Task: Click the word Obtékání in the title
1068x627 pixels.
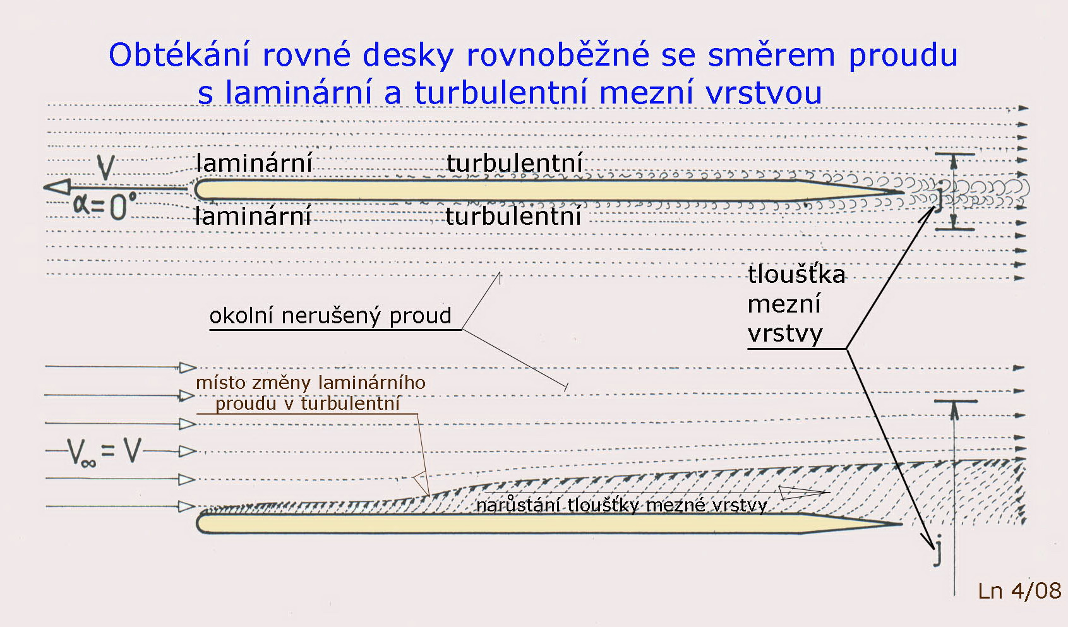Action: (179, 54)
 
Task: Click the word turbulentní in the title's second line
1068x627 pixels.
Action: (501, 92)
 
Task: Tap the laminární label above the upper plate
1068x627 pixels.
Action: (254, 163)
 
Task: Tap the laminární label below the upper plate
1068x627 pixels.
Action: (253, 215)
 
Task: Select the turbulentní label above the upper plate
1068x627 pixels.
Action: (515, 163)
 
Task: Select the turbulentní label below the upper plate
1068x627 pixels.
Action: (513, 216)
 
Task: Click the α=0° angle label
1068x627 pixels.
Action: (105, 205)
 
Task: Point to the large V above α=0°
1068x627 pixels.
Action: (106, 167)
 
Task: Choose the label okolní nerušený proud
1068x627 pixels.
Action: (330, 316)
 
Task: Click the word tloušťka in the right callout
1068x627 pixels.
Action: (796, 275)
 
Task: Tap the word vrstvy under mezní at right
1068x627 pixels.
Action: (785, 333)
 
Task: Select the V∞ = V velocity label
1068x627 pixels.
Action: (104, 451)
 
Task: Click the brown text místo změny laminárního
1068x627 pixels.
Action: (311, 383)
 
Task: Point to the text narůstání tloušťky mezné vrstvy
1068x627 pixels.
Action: (621, 505)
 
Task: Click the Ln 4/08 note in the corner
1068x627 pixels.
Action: (1020, 591)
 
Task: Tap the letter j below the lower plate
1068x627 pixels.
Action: (937, 551)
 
